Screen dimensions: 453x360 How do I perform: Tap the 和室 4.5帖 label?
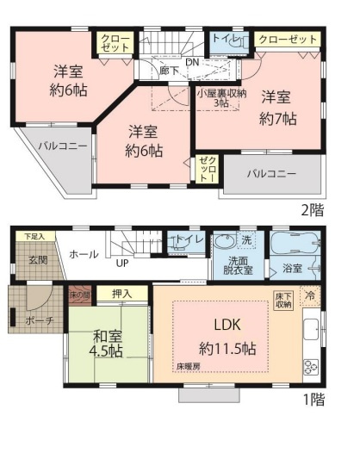point(108,344)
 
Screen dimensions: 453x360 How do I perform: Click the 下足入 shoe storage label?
point(34,235)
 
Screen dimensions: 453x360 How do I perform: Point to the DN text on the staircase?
point(193,62)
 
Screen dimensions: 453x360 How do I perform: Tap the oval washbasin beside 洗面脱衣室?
point(227,241)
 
